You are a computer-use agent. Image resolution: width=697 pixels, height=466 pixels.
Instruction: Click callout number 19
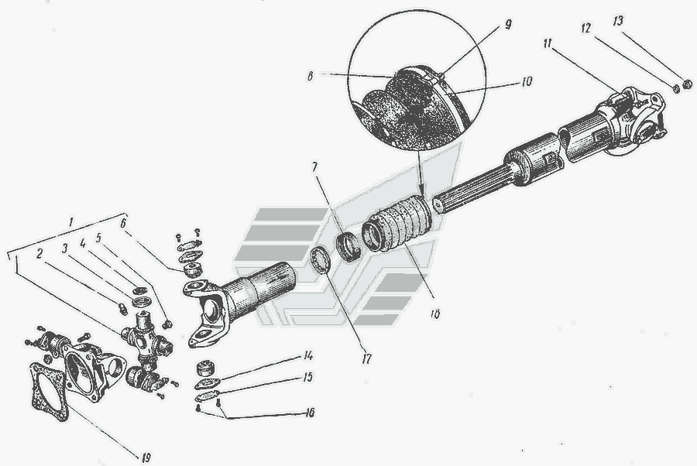[x=146, y=457]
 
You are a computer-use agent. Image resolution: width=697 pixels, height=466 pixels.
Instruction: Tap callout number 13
[x=618, y=21]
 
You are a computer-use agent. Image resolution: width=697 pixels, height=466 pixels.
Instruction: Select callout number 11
[x=548, y=43]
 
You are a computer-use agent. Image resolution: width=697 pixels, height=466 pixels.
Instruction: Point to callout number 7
[x=314, y=167]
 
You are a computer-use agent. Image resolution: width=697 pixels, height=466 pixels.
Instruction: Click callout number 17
[x=366, y=358]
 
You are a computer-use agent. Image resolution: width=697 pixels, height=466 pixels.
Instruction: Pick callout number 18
[x=434, y=314]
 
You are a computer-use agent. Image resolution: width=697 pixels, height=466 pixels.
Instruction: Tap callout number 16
[x=309, y=413]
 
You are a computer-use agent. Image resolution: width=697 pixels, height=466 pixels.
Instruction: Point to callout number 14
[x=307, y=355]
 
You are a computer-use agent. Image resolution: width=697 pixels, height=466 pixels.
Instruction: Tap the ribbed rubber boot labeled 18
[x=397, y=224]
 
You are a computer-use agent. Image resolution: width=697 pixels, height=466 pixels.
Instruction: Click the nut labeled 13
[x=687, y=84]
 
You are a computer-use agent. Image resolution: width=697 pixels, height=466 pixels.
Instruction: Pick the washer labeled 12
[x=676, y=88]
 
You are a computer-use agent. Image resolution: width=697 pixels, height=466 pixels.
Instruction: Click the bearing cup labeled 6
[x=194, y=269]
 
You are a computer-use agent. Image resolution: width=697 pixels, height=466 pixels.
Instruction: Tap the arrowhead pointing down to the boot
[x=421, y=187]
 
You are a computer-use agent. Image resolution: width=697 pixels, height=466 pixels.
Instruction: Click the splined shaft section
[x=474, y=192]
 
